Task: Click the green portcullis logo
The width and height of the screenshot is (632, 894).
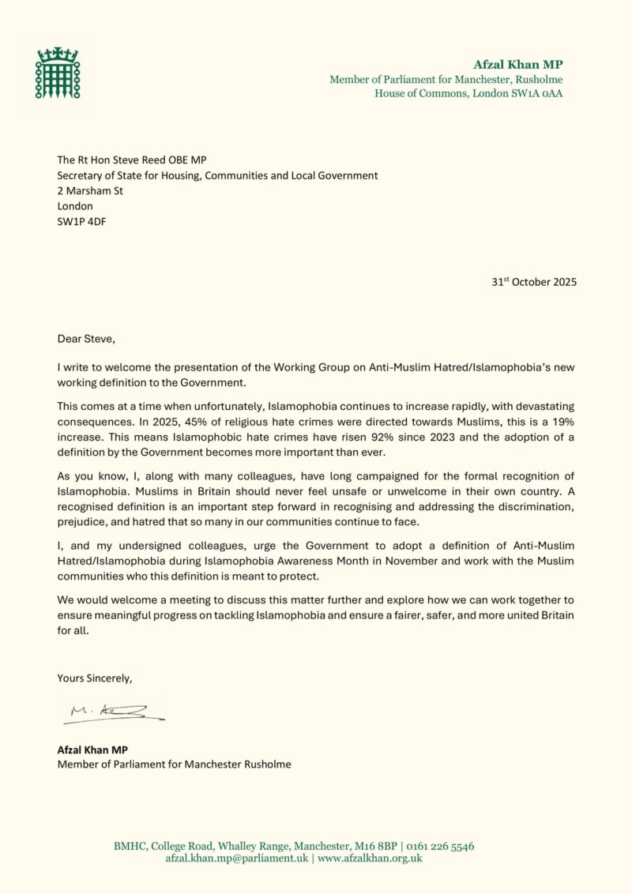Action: pos(57,73)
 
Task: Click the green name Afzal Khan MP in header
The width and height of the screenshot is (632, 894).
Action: pos(517,65)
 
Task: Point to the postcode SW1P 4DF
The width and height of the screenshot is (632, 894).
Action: pos(81,221)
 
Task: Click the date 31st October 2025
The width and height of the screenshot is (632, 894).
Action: pos(533,282)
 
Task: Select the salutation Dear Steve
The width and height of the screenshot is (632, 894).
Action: pos(85,339)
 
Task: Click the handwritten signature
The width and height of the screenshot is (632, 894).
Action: pos(113,713)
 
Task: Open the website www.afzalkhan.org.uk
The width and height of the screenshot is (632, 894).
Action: pos(370,858)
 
